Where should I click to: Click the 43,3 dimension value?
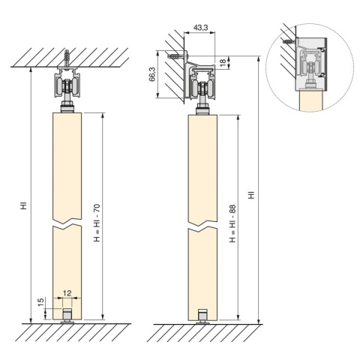(200, 28)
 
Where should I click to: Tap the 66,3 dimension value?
(152, 74)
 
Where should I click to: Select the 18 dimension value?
(223, 61)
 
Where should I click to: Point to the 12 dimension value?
(67, 292)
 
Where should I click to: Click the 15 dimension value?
(41, 301)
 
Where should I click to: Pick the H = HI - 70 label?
(97, 223)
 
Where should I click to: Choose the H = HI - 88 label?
(232, 223)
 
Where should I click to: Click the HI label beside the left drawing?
(24, 205)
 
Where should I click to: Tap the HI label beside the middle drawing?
(251, 195)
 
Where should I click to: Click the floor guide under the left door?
(67, 316)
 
